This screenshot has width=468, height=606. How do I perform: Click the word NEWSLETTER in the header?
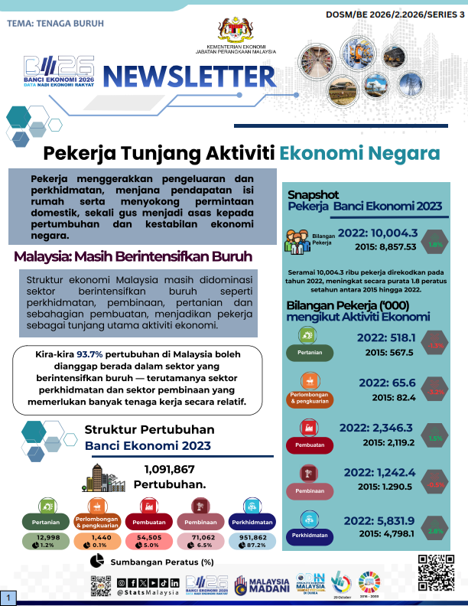pos(189,77)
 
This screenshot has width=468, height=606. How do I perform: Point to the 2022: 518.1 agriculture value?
pos(386,337)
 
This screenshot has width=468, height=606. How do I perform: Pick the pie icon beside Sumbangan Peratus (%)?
pos(97,562)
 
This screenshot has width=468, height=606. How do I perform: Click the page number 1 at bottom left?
pos(8,597)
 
